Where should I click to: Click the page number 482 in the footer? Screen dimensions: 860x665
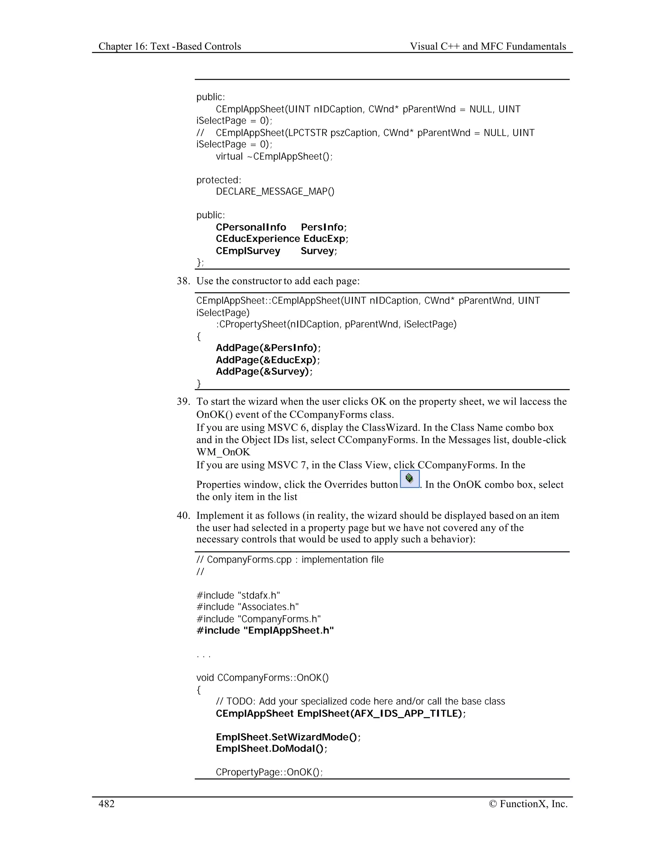coord(107,804)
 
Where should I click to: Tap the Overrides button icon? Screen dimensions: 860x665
coord(409,479)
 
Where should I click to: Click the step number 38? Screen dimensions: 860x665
coord(183,281)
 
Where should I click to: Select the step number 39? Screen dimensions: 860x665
coord(183,402)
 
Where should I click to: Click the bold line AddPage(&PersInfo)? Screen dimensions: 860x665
coord(268,348)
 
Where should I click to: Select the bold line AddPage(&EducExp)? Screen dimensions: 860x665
coord(268,360)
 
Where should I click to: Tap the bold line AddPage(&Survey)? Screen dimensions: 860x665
coord(264,372)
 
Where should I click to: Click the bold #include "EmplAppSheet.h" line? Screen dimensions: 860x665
coord(265,631)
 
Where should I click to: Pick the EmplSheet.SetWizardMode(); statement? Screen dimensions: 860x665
coord(288,737)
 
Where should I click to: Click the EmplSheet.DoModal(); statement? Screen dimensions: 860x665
coord(271,749)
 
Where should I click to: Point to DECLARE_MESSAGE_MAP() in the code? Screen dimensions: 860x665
coord(275,192)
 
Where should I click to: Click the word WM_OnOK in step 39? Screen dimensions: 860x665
coord(223,452)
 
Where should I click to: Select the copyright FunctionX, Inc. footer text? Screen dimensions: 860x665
coord(528,804)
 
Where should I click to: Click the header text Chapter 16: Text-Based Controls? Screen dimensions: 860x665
coord(169,46)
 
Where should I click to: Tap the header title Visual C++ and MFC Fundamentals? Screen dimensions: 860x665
coord(488,46)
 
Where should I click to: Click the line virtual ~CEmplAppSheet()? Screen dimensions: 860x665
coord(274,157)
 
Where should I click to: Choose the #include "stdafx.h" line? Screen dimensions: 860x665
coord(238,596)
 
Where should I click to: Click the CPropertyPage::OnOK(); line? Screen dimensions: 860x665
coord(269,772)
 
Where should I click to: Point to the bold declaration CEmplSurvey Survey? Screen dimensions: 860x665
coord(276,251)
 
